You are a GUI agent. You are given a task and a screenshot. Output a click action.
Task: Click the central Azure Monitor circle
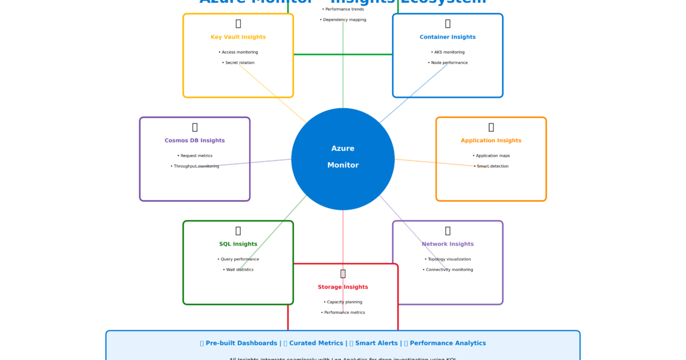coord(343,158)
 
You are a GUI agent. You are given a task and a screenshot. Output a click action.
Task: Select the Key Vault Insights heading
coord(238,37)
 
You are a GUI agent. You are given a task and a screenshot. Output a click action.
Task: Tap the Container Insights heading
coord(448,37)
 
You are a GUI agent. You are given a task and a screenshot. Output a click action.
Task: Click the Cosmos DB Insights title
coord(194,141)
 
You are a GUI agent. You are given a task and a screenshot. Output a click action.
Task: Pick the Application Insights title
coord(491,141)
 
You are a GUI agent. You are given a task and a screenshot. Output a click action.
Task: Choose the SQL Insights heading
coord(238,244)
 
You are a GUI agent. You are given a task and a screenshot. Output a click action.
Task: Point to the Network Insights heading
coord(448,244)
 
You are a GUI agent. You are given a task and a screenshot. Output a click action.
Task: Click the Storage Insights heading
coord(343,287)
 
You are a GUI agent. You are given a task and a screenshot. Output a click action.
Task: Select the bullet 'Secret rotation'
coord(238,63)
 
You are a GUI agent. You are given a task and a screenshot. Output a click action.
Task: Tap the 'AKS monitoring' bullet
coord(448,52)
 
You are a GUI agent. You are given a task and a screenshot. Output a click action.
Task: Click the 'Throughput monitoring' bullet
coord(195,166)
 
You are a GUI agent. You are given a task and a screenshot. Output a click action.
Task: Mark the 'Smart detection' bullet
coord(491,166)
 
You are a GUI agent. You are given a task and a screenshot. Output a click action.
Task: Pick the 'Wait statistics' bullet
coord(238,270)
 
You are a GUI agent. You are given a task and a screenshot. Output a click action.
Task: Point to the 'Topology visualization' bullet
coord(448,259)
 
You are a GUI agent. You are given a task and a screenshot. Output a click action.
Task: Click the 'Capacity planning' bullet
coord(343,302)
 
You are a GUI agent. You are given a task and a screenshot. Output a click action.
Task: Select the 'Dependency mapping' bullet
coord(343,19)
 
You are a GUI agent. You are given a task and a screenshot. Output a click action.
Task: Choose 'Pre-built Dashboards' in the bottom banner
coord(242,343)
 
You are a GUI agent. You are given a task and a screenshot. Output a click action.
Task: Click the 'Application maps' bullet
coord(491,155)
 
